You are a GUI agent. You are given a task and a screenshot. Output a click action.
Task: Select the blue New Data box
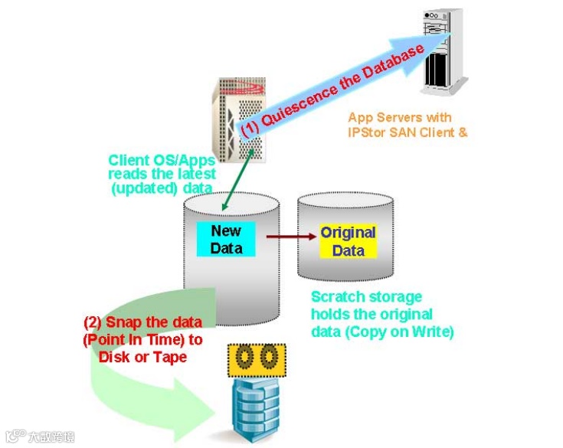pyautogui.click(x=226, y=239)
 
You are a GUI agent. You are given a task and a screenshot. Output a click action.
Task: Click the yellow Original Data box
pyautogui.click(x=348, y=241)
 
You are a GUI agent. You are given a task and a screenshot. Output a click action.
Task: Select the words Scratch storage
pyautogui.click(x=365, y=297)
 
